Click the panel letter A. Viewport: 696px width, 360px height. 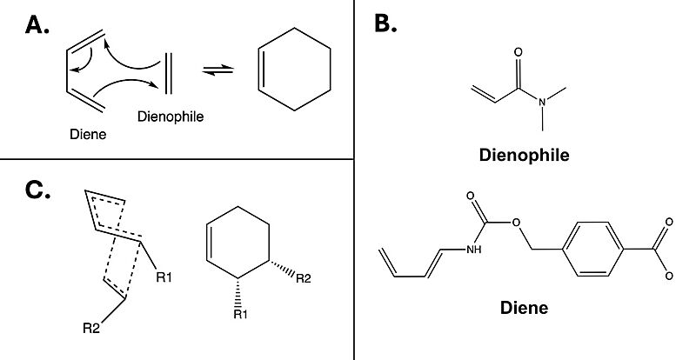tap(37, 25)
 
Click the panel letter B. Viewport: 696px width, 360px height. tap(385, 23)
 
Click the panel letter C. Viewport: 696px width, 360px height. tap(37, 191)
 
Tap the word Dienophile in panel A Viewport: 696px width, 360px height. tap(171, 117)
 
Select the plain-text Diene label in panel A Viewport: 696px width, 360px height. tap(88, 134)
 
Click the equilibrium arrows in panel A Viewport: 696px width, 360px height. tap(218, 70)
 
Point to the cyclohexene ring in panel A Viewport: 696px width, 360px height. tap(295, 70)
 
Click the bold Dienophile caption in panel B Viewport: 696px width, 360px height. tap(525, 155)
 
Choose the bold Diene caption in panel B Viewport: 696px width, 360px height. tap(524, 308)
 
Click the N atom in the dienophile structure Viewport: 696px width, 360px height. tap(542, 103)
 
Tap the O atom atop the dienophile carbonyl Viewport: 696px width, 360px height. tap(518, 52)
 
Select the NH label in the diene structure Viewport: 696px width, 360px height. tap(473, 250)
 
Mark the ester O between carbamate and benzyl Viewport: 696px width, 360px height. tap(515, 222)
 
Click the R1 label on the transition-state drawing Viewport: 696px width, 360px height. tap(164, 278)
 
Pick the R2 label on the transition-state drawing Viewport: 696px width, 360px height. tap(91, 329)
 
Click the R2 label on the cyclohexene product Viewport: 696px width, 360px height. tap(303, 279)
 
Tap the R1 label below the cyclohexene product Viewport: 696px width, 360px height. tap(240, 315)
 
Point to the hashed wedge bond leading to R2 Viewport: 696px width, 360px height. tap(282, 269)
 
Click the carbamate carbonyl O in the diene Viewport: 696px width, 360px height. tap(471, 197)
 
